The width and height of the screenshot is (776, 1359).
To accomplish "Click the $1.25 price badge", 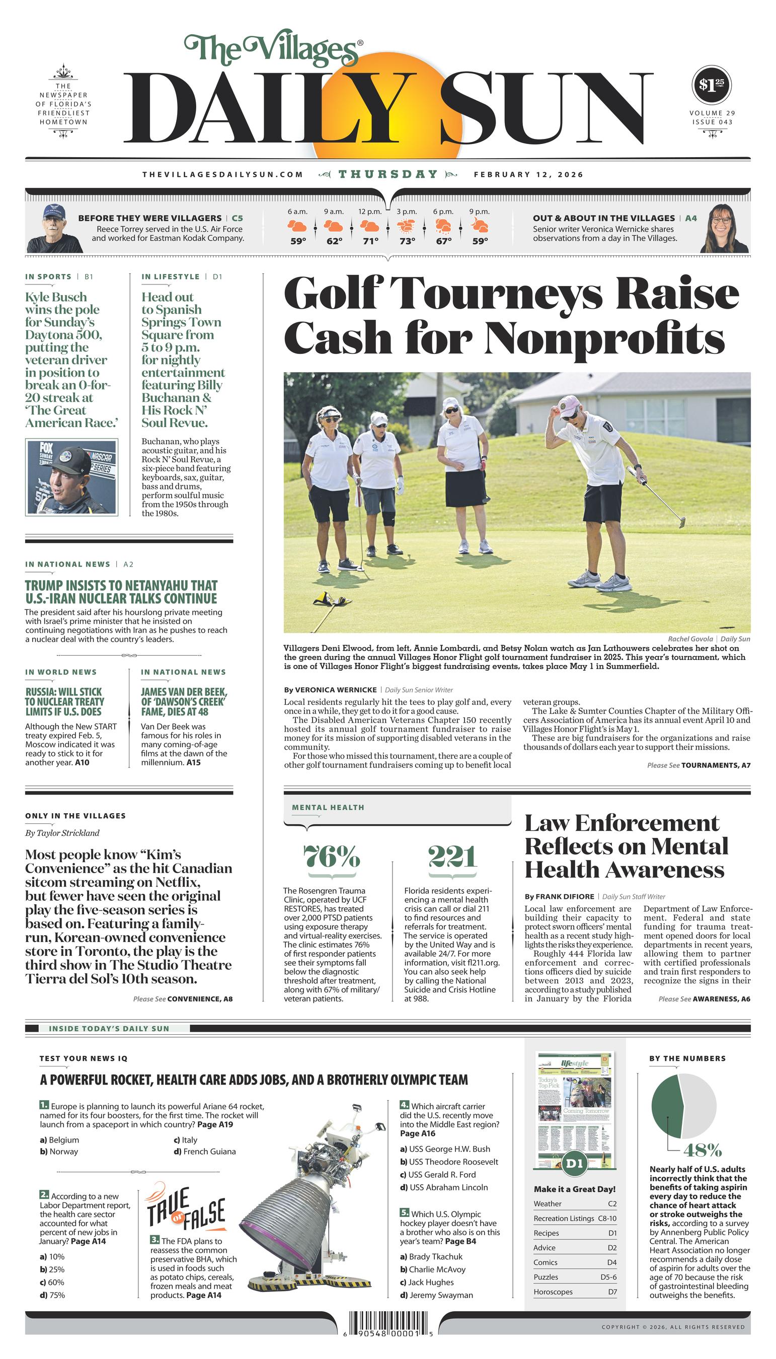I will tap(712, 85).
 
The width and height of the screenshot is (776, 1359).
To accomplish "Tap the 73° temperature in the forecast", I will tap(407, 241).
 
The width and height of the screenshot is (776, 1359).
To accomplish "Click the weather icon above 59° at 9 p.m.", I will tap(480, 226).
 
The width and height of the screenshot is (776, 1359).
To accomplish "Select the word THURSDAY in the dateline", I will tap(388, 174).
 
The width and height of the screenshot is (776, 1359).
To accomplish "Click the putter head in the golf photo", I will tap(682, 523).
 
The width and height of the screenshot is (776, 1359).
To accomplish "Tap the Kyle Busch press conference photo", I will tap(71, 477).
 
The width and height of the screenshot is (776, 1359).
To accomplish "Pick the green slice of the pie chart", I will tap(667, 1105).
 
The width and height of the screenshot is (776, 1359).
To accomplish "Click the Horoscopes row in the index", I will tap(575, 1292).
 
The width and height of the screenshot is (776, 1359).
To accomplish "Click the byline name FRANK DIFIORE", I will tap(564, 897).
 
